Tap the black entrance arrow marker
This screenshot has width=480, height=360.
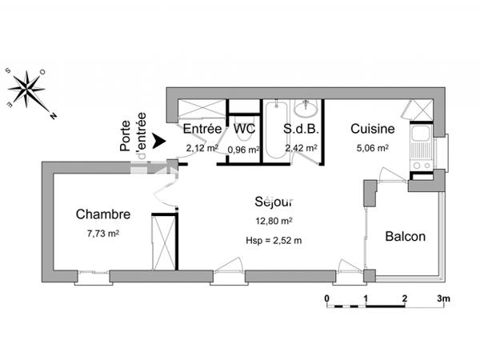point(159,140)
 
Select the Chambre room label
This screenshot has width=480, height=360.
point(102,214)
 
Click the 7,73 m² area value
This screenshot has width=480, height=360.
point(102,234)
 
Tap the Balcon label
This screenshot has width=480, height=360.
point(405,237)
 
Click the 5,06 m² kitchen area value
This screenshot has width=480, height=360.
point(371,148)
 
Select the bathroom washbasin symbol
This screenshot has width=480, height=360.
point(306,109)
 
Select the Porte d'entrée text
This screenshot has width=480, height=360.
point(132,132)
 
